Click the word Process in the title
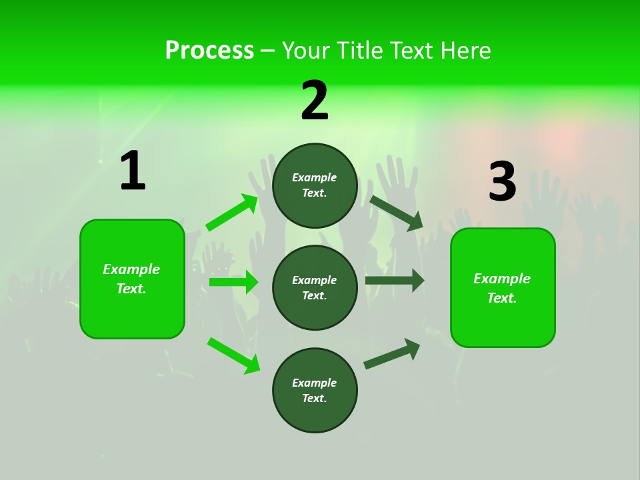pos(209,50)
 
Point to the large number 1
pos(133,171)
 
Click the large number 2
pos(315,101)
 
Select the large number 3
pos(502,182)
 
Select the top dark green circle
pos(315,185)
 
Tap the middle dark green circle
pos(315,287)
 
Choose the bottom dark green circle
pos(315,390)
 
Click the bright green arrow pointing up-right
pos(232,213)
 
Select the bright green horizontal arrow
pos(233,282)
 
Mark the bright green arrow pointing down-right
pos(233,355)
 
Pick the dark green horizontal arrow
pos(394,280)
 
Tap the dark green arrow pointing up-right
pos(392,353)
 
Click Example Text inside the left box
pos(131,279)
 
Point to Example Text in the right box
pos(502,288)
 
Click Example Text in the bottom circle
pos(314,390)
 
